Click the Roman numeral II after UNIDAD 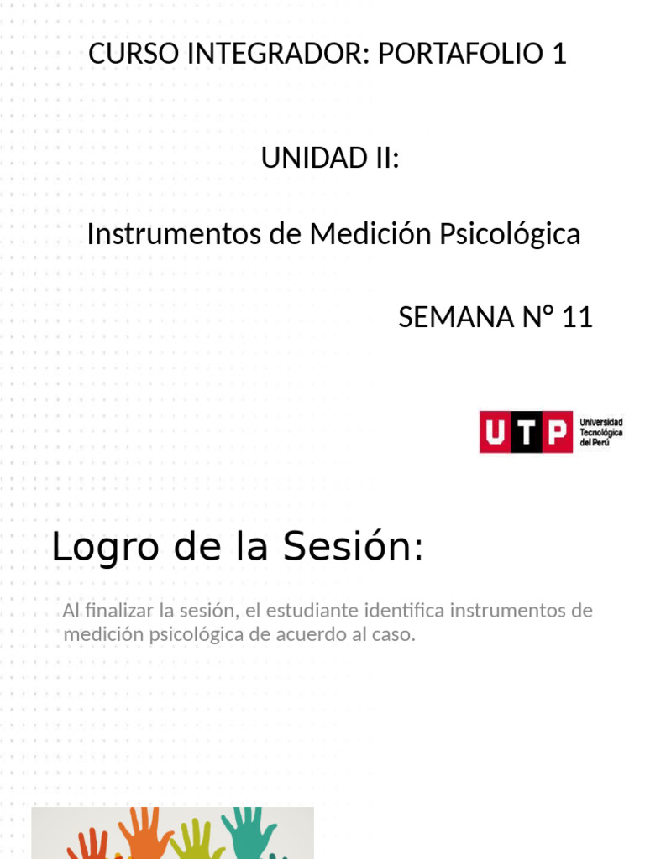382,158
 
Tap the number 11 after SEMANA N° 577,317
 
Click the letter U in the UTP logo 496,432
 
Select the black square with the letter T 526,432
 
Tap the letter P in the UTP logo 556,432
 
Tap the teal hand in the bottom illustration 249,830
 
